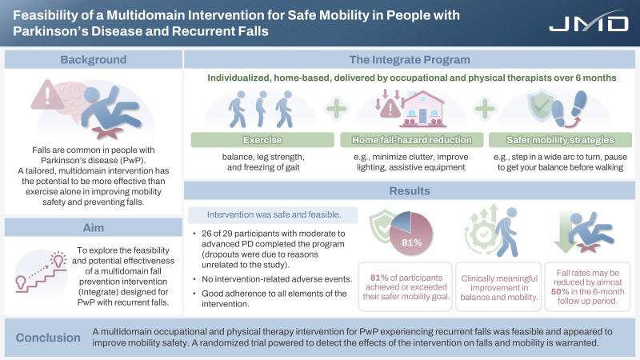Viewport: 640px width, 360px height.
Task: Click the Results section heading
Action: pos(410,193)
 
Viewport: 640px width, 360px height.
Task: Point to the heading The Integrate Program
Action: pos(410,60)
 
